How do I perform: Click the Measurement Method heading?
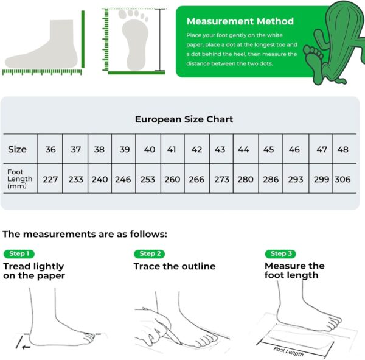(240, 21)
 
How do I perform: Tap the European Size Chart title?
(184, 119)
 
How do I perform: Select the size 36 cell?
(50, 149)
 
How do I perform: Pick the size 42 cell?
(196, 149)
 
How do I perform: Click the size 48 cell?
(343, 149)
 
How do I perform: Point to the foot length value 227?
(50, 179)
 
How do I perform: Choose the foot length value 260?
(172, 179)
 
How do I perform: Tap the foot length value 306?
(342, 179)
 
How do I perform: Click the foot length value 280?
(245, 179)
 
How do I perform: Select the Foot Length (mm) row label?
(20, 179)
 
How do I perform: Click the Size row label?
(17, 149)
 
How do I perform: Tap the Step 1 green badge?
(19, 253)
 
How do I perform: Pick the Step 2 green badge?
(150, 253)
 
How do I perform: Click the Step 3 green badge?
(280, 253)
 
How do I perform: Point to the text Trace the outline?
(175, 266)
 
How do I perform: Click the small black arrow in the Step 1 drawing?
(26, 347)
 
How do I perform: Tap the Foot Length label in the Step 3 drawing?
(288, 351)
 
